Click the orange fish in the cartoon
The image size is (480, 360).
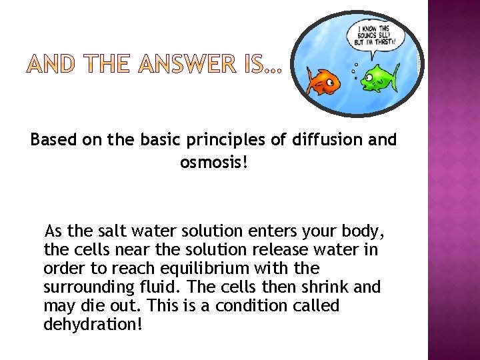(x=324, y=82)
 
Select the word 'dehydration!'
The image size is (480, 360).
(x=93, y=325)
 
